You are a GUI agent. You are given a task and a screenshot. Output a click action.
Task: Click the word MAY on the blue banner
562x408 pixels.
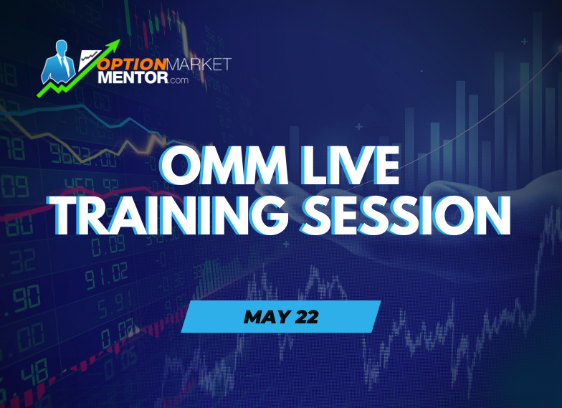click(263, 316)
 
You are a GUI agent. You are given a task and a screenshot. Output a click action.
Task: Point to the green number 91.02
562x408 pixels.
click(105, 277)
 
